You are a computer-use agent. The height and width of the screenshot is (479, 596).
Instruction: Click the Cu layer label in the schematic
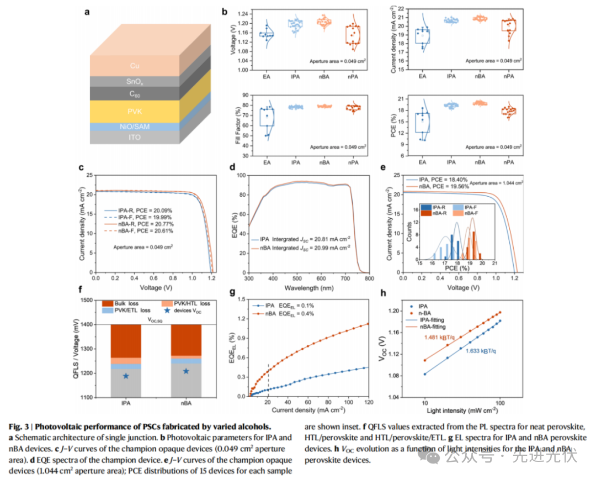135,66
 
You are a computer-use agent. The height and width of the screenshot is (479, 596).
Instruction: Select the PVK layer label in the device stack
134,111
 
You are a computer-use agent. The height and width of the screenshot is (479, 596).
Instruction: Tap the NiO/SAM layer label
134,127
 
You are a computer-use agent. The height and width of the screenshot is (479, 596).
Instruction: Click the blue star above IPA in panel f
126,376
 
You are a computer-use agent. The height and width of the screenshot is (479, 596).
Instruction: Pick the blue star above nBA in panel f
186,371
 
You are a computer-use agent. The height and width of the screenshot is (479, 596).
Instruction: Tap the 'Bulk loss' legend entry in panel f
129,304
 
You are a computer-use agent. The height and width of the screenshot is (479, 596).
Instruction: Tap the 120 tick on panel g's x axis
367,403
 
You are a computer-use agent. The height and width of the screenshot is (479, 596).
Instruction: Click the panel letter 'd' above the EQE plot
233,167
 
